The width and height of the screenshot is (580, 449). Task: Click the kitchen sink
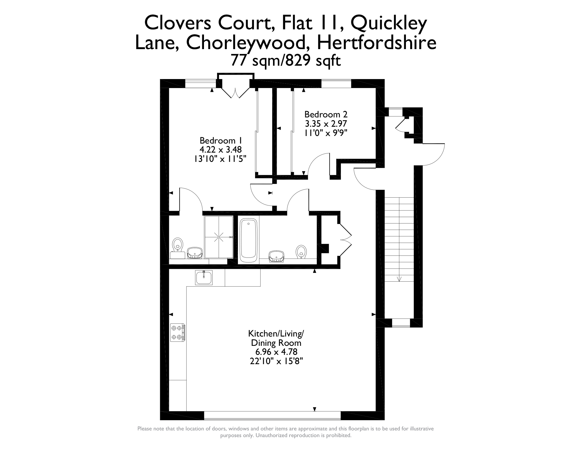tap(204, 278)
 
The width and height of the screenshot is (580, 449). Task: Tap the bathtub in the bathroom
tap(248, 239)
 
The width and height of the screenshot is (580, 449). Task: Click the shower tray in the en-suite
tap(219, 237)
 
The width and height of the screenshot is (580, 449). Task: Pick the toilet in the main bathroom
tap(301, 252)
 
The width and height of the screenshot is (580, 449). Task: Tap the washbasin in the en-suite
tap(194, 253)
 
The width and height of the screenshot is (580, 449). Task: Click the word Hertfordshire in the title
tap(377, 43)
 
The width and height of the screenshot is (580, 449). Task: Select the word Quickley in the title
tap(390, 23)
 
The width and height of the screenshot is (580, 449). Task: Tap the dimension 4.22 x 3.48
tap(221, 150)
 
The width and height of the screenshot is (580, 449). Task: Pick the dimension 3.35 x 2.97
tap(326, 124)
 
